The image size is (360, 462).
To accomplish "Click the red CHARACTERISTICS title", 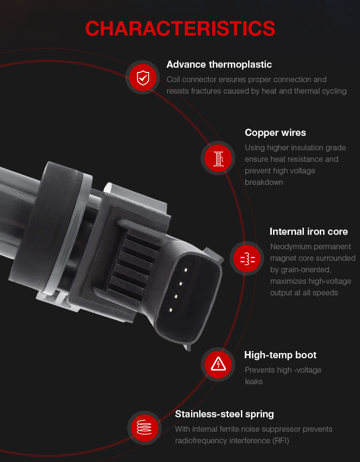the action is coord(180,29).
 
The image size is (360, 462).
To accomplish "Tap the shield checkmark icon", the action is coord(143,78).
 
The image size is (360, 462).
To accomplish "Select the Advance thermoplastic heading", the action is coord(219,64).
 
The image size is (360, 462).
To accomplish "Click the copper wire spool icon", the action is coord(218,158).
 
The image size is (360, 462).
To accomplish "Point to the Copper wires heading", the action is coord(275,133).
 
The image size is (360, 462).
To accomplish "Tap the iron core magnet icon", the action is coord(248,259).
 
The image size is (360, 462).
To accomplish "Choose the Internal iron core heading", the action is coord(309,231).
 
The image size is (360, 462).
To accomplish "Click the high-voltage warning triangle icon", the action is coord(218,364).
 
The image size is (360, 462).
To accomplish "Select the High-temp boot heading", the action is coord(280,355).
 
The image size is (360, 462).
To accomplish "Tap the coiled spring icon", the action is coord(144,427).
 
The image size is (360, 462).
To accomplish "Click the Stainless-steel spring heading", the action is coord(225,414).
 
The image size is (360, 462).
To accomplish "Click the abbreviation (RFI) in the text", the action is coord(281,441).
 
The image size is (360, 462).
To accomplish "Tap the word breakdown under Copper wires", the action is coord(264,182).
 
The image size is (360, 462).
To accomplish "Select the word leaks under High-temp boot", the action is coord(253,382).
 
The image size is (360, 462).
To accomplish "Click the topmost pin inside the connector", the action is coord(186,269).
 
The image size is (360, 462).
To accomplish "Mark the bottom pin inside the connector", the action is coord(170,310).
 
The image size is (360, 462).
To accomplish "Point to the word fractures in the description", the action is coord(205,91).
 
